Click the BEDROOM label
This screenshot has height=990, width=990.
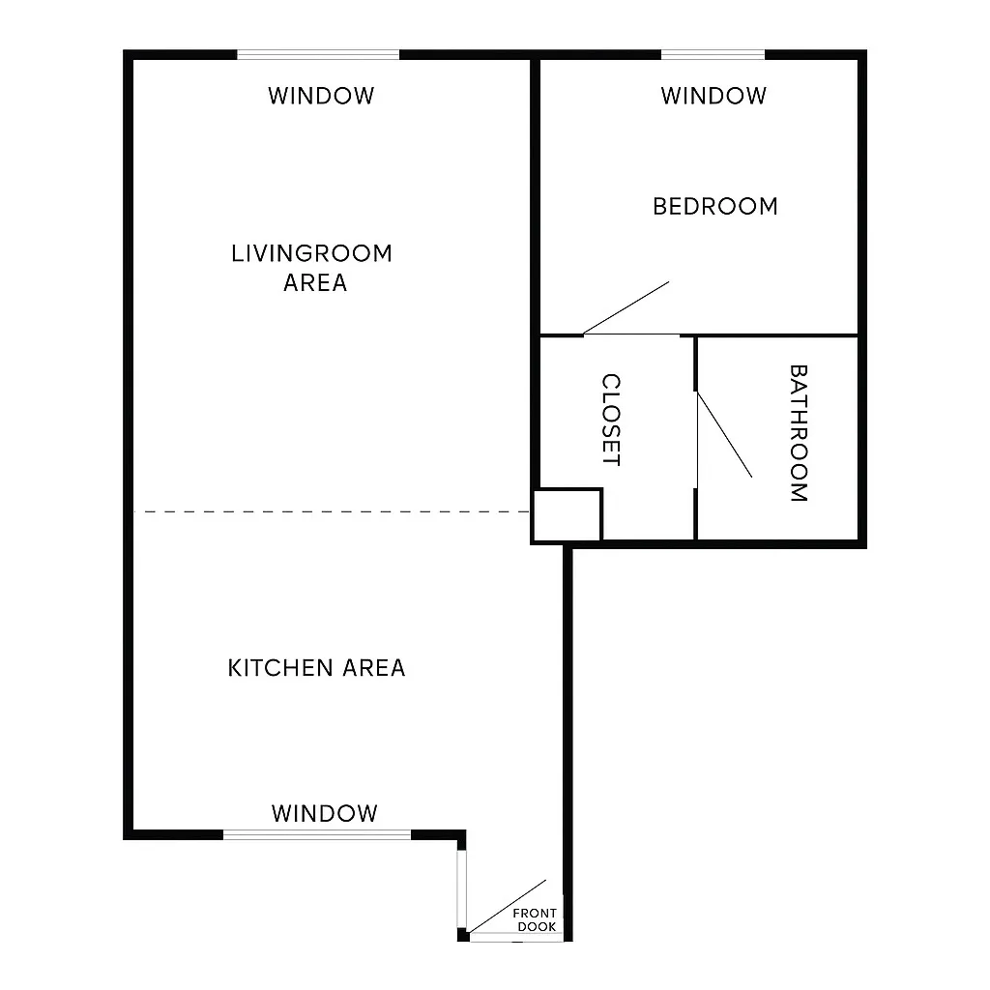(x=715, y=206)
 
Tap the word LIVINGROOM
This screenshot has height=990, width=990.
(x=312, y=253)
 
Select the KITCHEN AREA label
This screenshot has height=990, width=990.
(x=316, y=668)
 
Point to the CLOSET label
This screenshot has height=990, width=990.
(x=611, y=421)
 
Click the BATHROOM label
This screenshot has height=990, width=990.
(x=799, y=433)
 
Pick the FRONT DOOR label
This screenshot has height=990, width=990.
(x=535, y=920)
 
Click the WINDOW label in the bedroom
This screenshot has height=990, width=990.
(x=713, y=96)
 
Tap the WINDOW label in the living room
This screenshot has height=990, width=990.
(x=321, y=96)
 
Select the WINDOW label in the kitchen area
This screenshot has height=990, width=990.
(x=324, y=813)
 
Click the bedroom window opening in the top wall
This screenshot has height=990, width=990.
(x=713, y=55)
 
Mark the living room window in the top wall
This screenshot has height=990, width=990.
(x=318, y=55)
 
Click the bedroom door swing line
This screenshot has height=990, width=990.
(x=626, y=308)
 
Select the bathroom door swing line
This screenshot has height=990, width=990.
(x=724, y=434)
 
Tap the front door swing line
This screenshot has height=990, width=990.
(x=508, y=909)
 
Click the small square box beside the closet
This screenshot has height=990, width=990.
(x=568, y=514)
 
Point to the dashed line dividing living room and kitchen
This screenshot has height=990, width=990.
(x=329, y=511)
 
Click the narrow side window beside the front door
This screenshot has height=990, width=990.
(x=463, y=888)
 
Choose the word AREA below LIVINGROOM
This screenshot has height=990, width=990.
(x=315, y=283)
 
